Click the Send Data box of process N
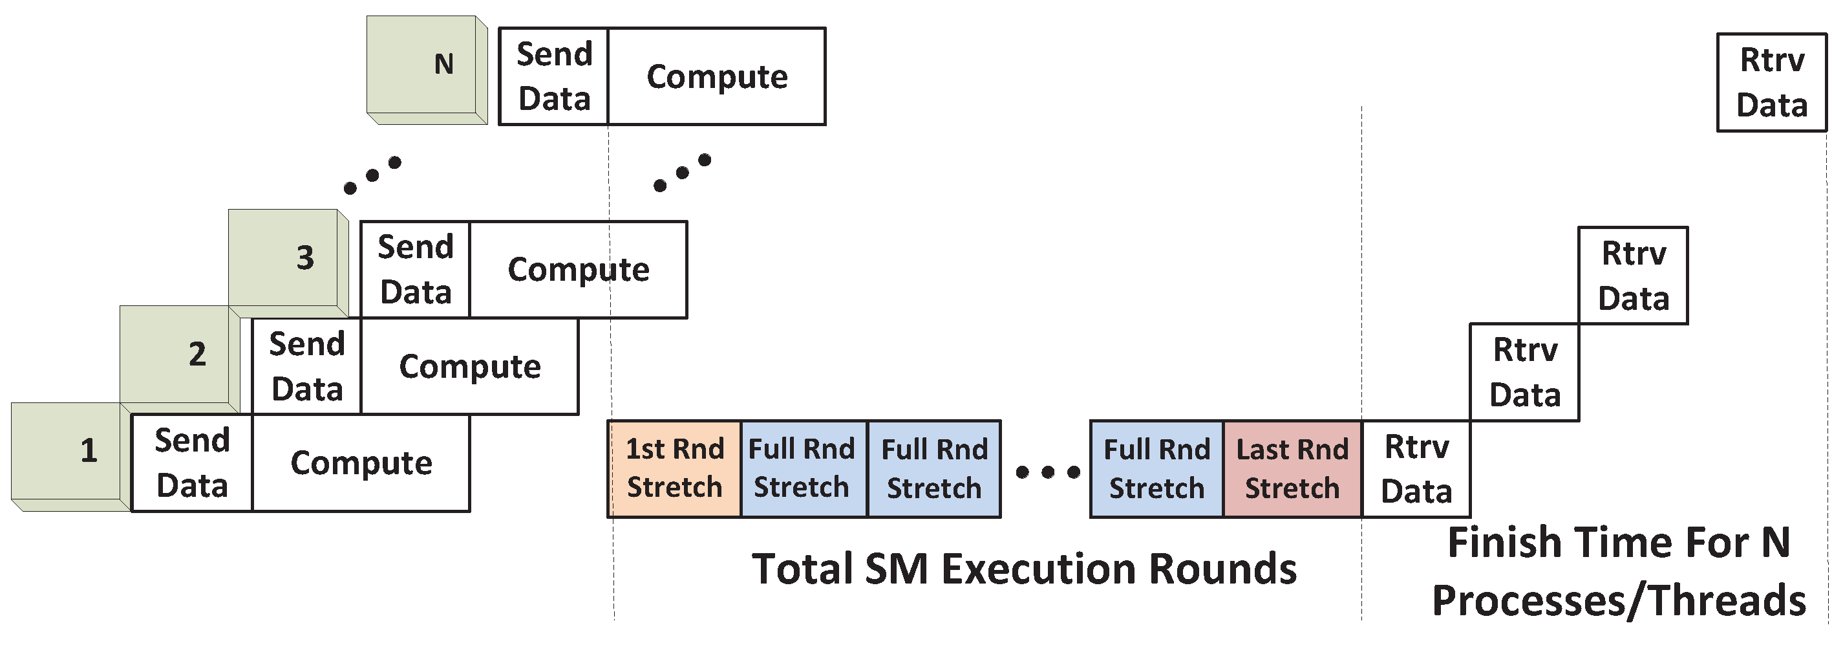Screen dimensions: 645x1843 [x=553, y=76]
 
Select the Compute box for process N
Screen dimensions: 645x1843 [x=716, y=76]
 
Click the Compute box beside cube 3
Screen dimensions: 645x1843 [x=578, y=270]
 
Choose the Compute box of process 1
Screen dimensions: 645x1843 [x=361, y=463]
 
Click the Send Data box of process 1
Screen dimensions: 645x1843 [x=192, y=463]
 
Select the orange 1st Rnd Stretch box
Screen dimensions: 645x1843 [x=674, y=469]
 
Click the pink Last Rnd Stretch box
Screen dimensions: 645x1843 [x=1292, y=469]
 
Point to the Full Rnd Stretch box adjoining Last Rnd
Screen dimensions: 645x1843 [x=1156, y=469]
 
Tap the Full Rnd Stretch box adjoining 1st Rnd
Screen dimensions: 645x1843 [x=802, y=469]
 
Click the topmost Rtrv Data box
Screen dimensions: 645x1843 [x=1771, y=82]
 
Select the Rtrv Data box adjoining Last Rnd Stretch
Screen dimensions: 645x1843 [x=1416, y=469]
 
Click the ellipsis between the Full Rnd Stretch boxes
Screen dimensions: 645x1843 [x=1047, y=472]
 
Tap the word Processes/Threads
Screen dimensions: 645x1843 [x=1618, y=600]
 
